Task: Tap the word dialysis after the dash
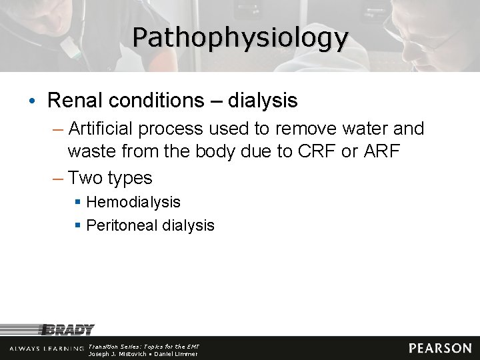pos(263,101)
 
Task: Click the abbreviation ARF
pos(381,151)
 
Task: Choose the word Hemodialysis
pos(133,202)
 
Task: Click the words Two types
pos(110,178)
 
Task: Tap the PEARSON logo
pos(440,348)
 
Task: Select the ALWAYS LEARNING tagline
pos(47,349)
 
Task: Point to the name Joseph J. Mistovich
pos(117,354)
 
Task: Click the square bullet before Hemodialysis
pos(78,202)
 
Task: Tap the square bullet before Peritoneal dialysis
pos(78,225)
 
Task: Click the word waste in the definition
pos(91,151)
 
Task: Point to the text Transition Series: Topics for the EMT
pos(143,347)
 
